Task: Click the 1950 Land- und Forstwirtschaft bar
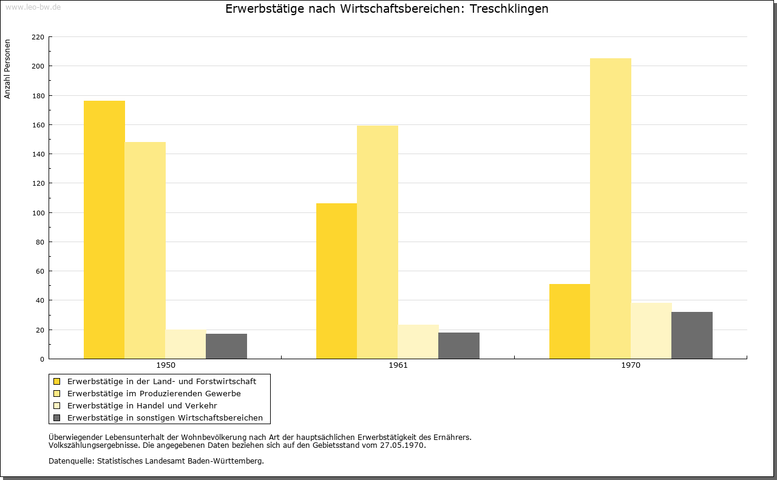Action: (104, 229)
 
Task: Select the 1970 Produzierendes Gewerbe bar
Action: (611, 208)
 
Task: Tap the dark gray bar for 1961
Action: (459, 346)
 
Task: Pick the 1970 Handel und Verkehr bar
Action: (651, 331)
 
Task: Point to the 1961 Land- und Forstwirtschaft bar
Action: (336, 281)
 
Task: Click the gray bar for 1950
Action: (226, 346)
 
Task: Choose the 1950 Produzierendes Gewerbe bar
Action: (145, 251)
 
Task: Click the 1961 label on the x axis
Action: (398, 365)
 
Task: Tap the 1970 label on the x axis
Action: (631, 365)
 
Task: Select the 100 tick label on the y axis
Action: (38, 213)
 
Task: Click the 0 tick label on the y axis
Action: (42, 359)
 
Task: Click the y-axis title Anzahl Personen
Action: (7, 69)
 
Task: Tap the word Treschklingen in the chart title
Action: (509, 8)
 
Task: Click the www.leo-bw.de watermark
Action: (33, 7)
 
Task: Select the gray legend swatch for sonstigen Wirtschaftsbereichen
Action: (57, 417)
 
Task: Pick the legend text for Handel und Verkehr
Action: (142, 405)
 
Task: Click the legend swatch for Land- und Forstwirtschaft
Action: (57, 381)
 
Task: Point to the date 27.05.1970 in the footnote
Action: (402, 445)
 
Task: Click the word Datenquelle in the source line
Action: (72, 461)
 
